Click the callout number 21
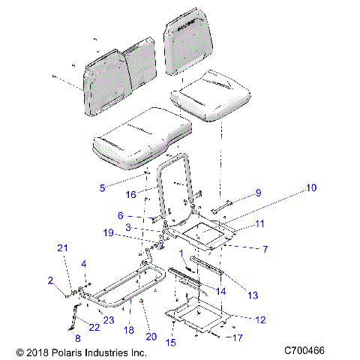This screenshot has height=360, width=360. click(x=64, y=248)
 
